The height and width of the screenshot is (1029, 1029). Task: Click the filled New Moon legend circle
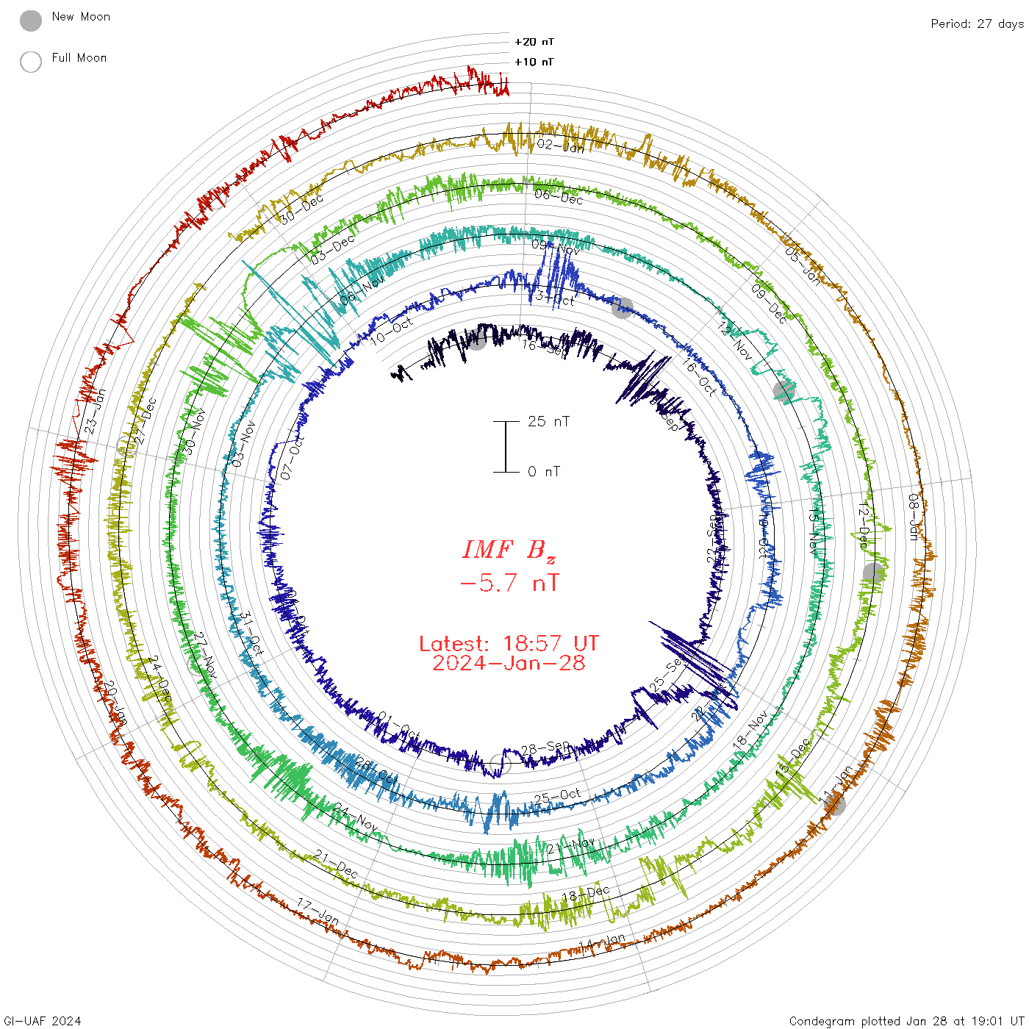31,21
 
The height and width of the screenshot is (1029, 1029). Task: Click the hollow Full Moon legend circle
31,62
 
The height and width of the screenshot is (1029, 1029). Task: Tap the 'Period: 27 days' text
977,24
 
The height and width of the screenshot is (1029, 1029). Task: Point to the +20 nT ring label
534,42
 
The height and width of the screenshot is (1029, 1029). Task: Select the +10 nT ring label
534,62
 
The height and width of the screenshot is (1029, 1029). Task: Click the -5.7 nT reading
509,584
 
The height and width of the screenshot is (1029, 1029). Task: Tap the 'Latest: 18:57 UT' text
509,644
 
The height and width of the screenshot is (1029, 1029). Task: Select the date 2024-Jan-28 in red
509,663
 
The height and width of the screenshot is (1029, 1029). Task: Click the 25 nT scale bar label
548,421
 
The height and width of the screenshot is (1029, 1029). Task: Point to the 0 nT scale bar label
544,471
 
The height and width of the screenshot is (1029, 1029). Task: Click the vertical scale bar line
506,446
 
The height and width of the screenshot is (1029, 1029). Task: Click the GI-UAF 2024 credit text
43,1021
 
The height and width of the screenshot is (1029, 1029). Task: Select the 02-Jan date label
560,146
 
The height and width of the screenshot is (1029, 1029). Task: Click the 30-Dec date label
301,209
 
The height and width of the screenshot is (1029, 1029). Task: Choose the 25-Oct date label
557,797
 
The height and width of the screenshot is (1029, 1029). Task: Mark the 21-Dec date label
336,864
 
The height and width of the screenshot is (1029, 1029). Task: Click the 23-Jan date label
96,410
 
